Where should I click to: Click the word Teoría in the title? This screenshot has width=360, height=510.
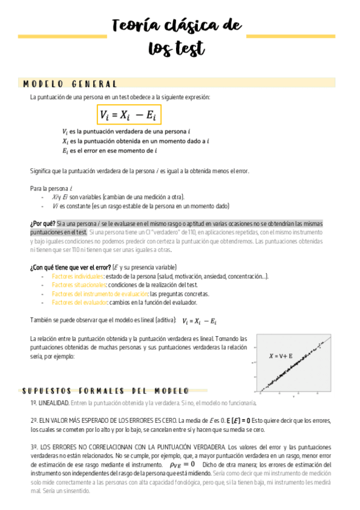(135, 26)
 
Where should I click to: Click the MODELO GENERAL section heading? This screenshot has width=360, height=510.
(71, 84)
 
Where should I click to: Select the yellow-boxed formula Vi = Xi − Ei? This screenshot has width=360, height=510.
(130, 115)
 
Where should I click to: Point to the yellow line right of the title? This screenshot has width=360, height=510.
(290, 37)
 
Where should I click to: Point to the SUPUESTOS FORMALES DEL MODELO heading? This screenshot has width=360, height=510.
(106, 390)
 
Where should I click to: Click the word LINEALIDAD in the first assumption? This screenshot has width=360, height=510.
(54, 402)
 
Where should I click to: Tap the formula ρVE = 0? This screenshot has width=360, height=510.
(182, 464)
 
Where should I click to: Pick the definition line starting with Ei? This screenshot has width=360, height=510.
(109, 151)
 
